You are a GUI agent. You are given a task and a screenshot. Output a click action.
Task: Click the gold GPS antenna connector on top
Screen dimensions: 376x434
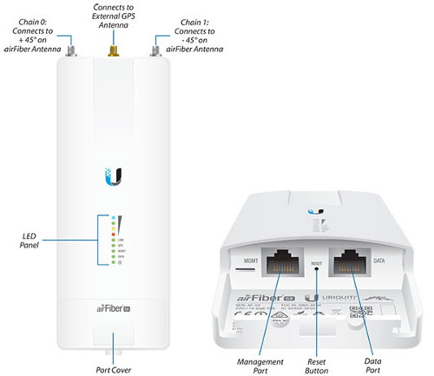(112, 52)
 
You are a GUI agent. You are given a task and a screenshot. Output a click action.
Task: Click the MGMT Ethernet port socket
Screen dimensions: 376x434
(279, 261)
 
